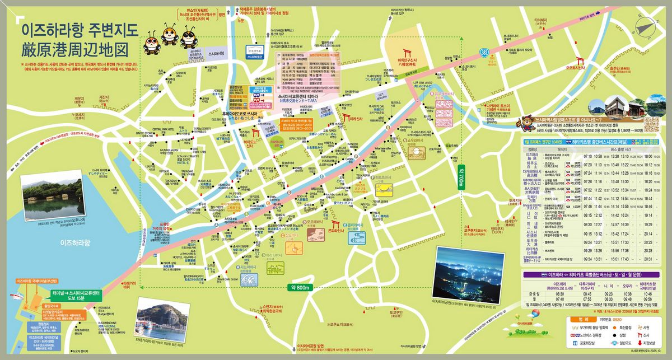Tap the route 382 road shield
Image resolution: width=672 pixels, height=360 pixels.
pos(483,52)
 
